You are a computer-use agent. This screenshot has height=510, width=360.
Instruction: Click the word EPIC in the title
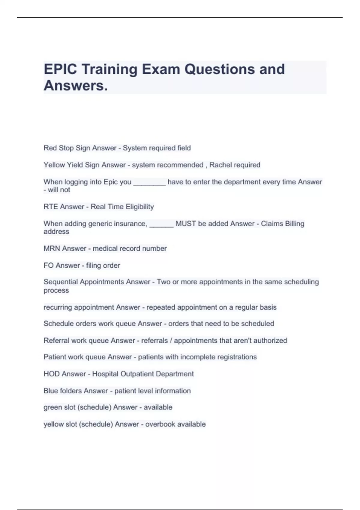point(60,69)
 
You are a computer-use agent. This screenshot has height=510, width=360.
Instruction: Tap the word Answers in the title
point(76,86)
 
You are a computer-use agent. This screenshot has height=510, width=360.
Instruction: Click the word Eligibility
point(139,207)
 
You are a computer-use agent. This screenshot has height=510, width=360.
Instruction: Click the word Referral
point(55,340)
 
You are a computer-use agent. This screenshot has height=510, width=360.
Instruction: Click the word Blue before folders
point(51,391)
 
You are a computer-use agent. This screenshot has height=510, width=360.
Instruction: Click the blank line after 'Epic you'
point(149,182)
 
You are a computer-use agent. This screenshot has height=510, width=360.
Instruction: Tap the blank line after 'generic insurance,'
point(161,224)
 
